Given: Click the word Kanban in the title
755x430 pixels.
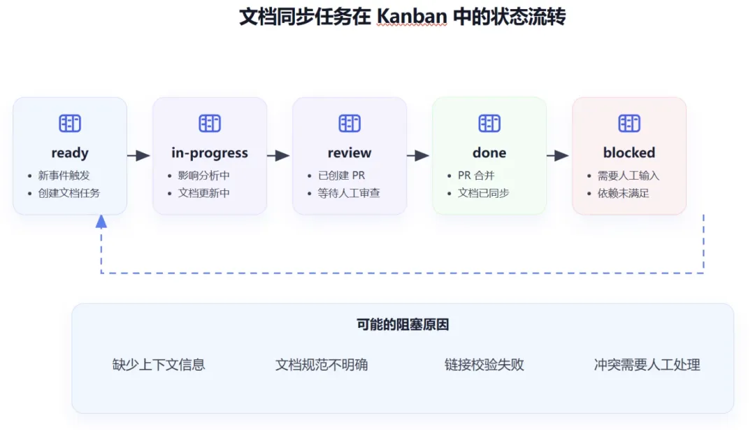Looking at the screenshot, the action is click(412, 17).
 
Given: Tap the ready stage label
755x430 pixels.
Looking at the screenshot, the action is click(70, 152).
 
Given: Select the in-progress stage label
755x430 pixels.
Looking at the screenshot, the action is click(210, 152).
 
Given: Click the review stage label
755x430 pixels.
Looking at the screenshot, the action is click(350, 152).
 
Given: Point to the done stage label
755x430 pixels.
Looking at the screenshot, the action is click(489, 152).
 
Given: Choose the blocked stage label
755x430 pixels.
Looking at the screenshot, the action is click(629, 152).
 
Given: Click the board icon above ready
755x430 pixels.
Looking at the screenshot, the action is click(70, 123).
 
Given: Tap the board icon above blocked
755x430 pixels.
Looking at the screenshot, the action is click(629, 123).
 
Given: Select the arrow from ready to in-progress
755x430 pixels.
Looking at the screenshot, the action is click(138, 155).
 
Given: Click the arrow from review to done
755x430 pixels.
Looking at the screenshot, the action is click(418, 155).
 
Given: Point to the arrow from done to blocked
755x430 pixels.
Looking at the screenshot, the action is click(558, 155).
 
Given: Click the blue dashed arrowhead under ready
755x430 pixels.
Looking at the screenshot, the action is click(101, 222).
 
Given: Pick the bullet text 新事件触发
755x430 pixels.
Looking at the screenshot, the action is click(64, 175).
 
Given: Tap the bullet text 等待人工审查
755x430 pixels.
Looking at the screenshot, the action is click(349, 193).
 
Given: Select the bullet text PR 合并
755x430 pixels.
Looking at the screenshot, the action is click(476, 175).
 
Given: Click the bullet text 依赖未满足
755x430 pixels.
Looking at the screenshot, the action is click(623, 193).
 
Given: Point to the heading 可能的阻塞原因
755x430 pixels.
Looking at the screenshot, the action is click(403, 324).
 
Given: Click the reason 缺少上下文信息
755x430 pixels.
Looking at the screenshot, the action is click(159, 364).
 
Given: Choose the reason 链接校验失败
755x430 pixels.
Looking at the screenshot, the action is click(484, 364).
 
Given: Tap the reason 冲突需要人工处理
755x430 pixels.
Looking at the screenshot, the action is click(647, 364).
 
